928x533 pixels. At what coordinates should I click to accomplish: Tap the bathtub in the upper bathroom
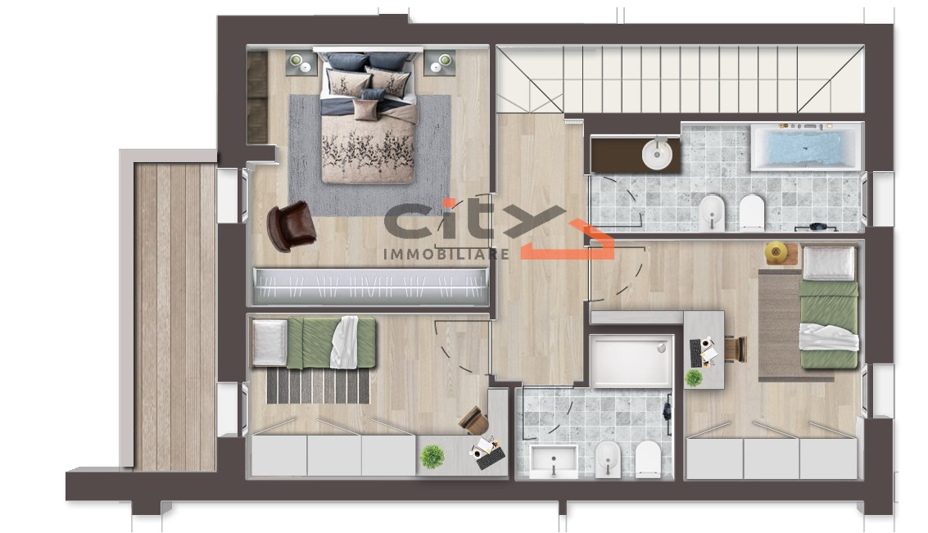tap(805, 147)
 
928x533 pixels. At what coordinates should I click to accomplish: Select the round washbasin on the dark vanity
tap(657, 154)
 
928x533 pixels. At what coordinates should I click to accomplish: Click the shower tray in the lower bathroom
tap(631, 361)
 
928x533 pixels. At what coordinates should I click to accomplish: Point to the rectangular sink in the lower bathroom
tap(554, 462)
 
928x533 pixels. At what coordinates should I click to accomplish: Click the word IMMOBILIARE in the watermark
tap(446, 255)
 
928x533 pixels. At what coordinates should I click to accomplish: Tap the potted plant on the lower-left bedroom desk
tap(432, 457)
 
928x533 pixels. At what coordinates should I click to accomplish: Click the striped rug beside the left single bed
tap(319, 386)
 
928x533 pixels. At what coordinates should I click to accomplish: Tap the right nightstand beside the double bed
tap(439, 62)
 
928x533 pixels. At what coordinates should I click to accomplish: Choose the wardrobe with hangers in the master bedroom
tap(371, 287)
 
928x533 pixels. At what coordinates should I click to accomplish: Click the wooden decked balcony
tap(174, 317)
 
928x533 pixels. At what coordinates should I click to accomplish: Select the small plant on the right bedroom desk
tap(694, 377)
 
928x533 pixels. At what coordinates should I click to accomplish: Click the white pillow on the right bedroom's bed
tap(829, 264)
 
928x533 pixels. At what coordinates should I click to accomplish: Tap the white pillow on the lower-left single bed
tap(269, 342)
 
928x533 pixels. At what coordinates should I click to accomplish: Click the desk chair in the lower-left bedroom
tap(474, 420)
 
